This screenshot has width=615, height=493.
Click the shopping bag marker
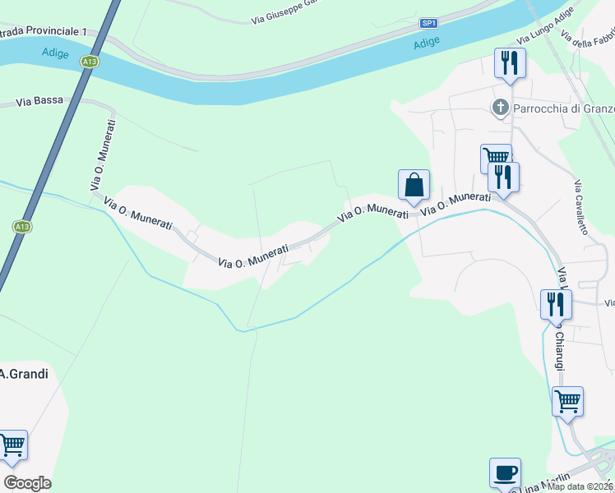pyautogui.click(x=414, y=185)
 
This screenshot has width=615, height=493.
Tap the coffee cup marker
pyautogui.click(x=505, y=473)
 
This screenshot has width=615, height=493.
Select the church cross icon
pyautogui.click(x=499, y=108)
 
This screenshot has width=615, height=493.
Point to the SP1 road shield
pyautogui.click(x=428, y=23)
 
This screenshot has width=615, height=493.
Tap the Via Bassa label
pyautogui.click(x=39, y=102)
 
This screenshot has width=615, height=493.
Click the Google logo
pyautogui.click(x=27, y=483)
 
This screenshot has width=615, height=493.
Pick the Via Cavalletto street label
pyautogui.click(x=581, y=207)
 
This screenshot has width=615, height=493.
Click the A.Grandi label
pyautogui.click(x=24, y=374)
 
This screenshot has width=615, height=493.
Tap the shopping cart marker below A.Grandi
pyautogui.click(x=12, y=445)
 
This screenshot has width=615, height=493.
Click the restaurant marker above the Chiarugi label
pyautogui.click(x=556, y=304)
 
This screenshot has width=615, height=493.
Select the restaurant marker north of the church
pyautogui.click(x=510, y=62)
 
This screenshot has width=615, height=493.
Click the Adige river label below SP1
pyautogui.click(x=426, y=41)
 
